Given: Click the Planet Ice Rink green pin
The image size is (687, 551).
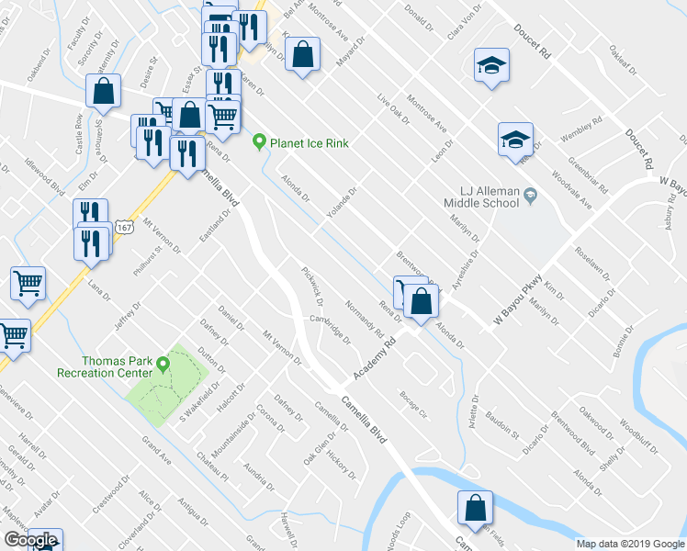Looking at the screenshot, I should [260, 142].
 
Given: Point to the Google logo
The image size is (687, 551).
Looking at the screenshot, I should [30, 540].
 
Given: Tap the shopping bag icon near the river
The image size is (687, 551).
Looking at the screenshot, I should [475, 507].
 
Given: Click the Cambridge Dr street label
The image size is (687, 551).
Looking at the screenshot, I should [330, 328].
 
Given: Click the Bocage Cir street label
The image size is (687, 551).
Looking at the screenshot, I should [414, 402].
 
